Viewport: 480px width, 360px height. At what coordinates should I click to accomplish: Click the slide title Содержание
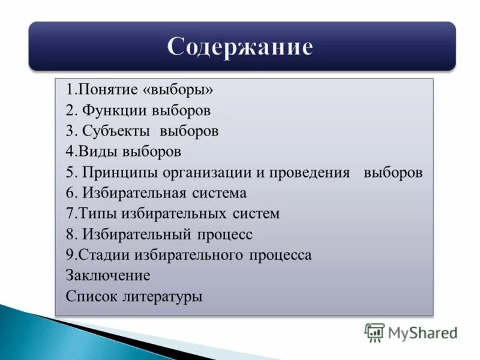pyautogui.click(x=240, y=47)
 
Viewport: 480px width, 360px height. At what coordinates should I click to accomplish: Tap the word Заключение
pyautogui.click(x=108, y=275)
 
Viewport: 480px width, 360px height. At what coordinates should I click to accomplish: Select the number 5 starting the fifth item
pyautogui.click(x=70, y=173)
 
